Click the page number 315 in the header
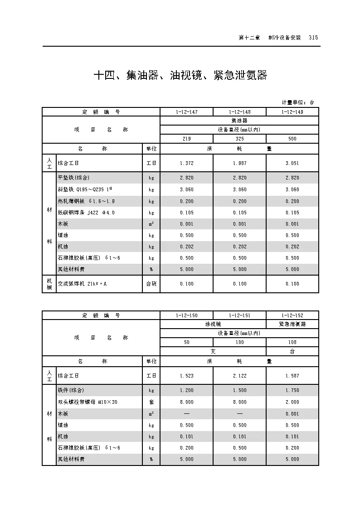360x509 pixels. (x=313, y=38)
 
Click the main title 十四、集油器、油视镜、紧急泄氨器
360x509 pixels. (x=180, y=75)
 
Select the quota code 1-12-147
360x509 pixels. (x=186, y=111)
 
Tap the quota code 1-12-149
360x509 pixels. (x=292, y=111)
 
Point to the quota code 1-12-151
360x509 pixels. (x=239, y=315)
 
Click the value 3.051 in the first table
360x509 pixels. (x=292, y=163)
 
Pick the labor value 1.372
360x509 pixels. (x=186, y=163)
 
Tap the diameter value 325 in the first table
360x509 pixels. (x=239, y=139)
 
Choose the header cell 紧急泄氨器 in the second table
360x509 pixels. (x=292, y=324)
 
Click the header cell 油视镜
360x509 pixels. (x=213, y=324)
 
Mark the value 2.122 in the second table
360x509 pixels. (x=239, y=376)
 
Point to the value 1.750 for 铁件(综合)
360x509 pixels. (x=292, y=390)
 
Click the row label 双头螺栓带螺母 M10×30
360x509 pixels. (x=88, y=402)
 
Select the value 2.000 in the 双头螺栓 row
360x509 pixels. (x=292, y=402)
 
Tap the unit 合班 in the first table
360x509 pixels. (x=151, y=284)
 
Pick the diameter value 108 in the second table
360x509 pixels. (x=292, y=342)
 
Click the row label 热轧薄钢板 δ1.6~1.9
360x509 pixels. (x=86, y=201)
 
